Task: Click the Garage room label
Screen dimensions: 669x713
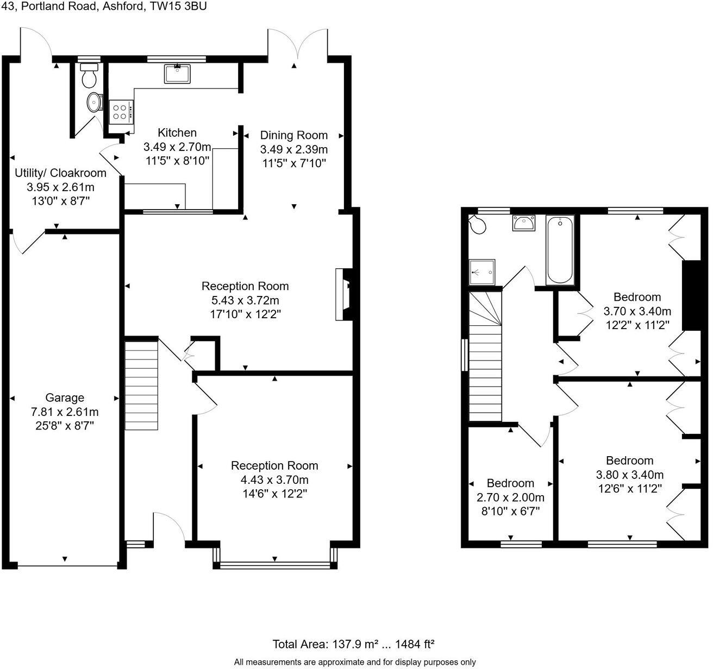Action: click(64, 397)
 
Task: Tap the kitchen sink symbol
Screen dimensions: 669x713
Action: click(177, 73)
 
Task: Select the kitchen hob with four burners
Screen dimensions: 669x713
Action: click(119, 111)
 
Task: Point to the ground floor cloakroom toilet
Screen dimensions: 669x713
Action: click(88, 75)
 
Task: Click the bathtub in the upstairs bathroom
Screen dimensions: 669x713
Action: click(560, 249)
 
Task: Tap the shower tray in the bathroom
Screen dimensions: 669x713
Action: click(482, 271)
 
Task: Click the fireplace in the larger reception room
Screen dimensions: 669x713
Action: click(343, 294)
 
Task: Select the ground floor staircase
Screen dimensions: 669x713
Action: click(141, 384)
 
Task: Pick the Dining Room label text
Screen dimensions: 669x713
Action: click(293, 135)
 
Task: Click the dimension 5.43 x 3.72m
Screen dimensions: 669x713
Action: click(245, 300)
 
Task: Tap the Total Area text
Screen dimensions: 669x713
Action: click(353, 644)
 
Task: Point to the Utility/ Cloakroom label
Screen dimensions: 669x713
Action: click(60, 173)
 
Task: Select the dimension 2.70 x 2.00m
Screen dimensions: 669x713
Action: click(510, 497)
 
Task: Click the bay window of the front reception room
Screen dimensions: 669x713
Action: click(275, 565)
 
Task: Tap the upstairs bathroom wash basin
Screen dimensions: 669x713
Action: click(523, 222)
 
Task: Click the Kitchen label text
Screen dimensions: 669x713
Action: click(177, 132)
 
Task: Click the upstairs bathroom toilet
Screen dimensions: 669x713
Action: click(478, 224)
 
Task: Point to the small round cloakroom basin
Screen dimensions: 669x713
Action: click(95, 101)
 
